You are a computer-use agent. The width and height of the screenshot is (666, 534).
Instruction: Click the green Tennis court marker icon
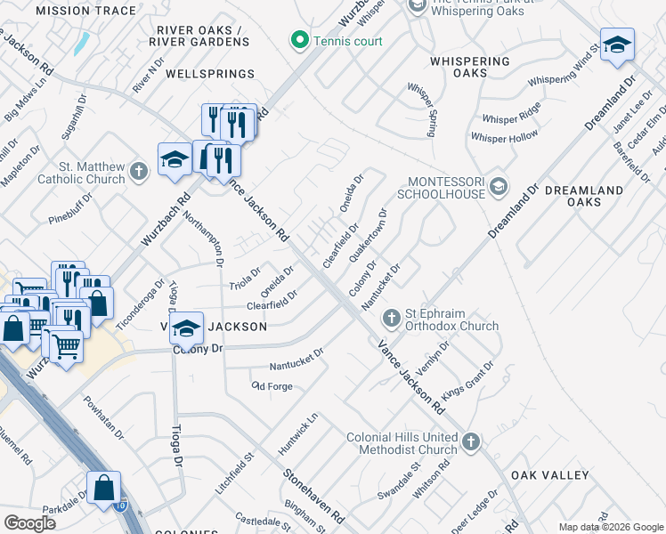300,41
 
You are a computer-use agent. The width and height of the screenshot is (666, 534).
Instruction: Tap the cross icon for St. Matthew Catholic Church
137,170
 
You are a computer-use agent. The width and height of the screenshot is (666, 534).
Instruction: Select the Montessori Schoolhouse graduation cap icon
499,186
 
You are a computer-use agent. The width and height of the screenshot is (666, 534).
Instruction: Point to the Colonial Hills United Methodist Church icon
471,441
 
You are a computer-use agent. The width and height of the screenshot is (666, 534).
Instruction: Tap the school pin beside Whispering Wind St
616,44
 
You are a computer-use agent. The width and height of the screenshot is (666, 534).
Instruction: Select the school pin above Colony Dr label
186,328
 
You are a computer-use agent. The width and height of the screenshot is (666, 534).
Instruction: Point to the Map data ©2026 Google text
610,527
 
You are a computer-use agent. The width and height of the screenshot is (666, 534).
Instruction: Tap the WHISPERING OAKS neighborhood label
470,61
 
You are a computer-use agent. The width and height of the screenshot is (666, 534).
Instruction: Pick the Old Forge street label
272,385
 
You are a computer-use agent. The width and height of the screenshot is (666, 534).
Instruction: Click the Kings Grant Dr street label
467,380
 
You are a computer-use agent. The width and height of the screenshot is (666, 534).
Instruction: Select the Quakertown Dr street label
369,235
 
